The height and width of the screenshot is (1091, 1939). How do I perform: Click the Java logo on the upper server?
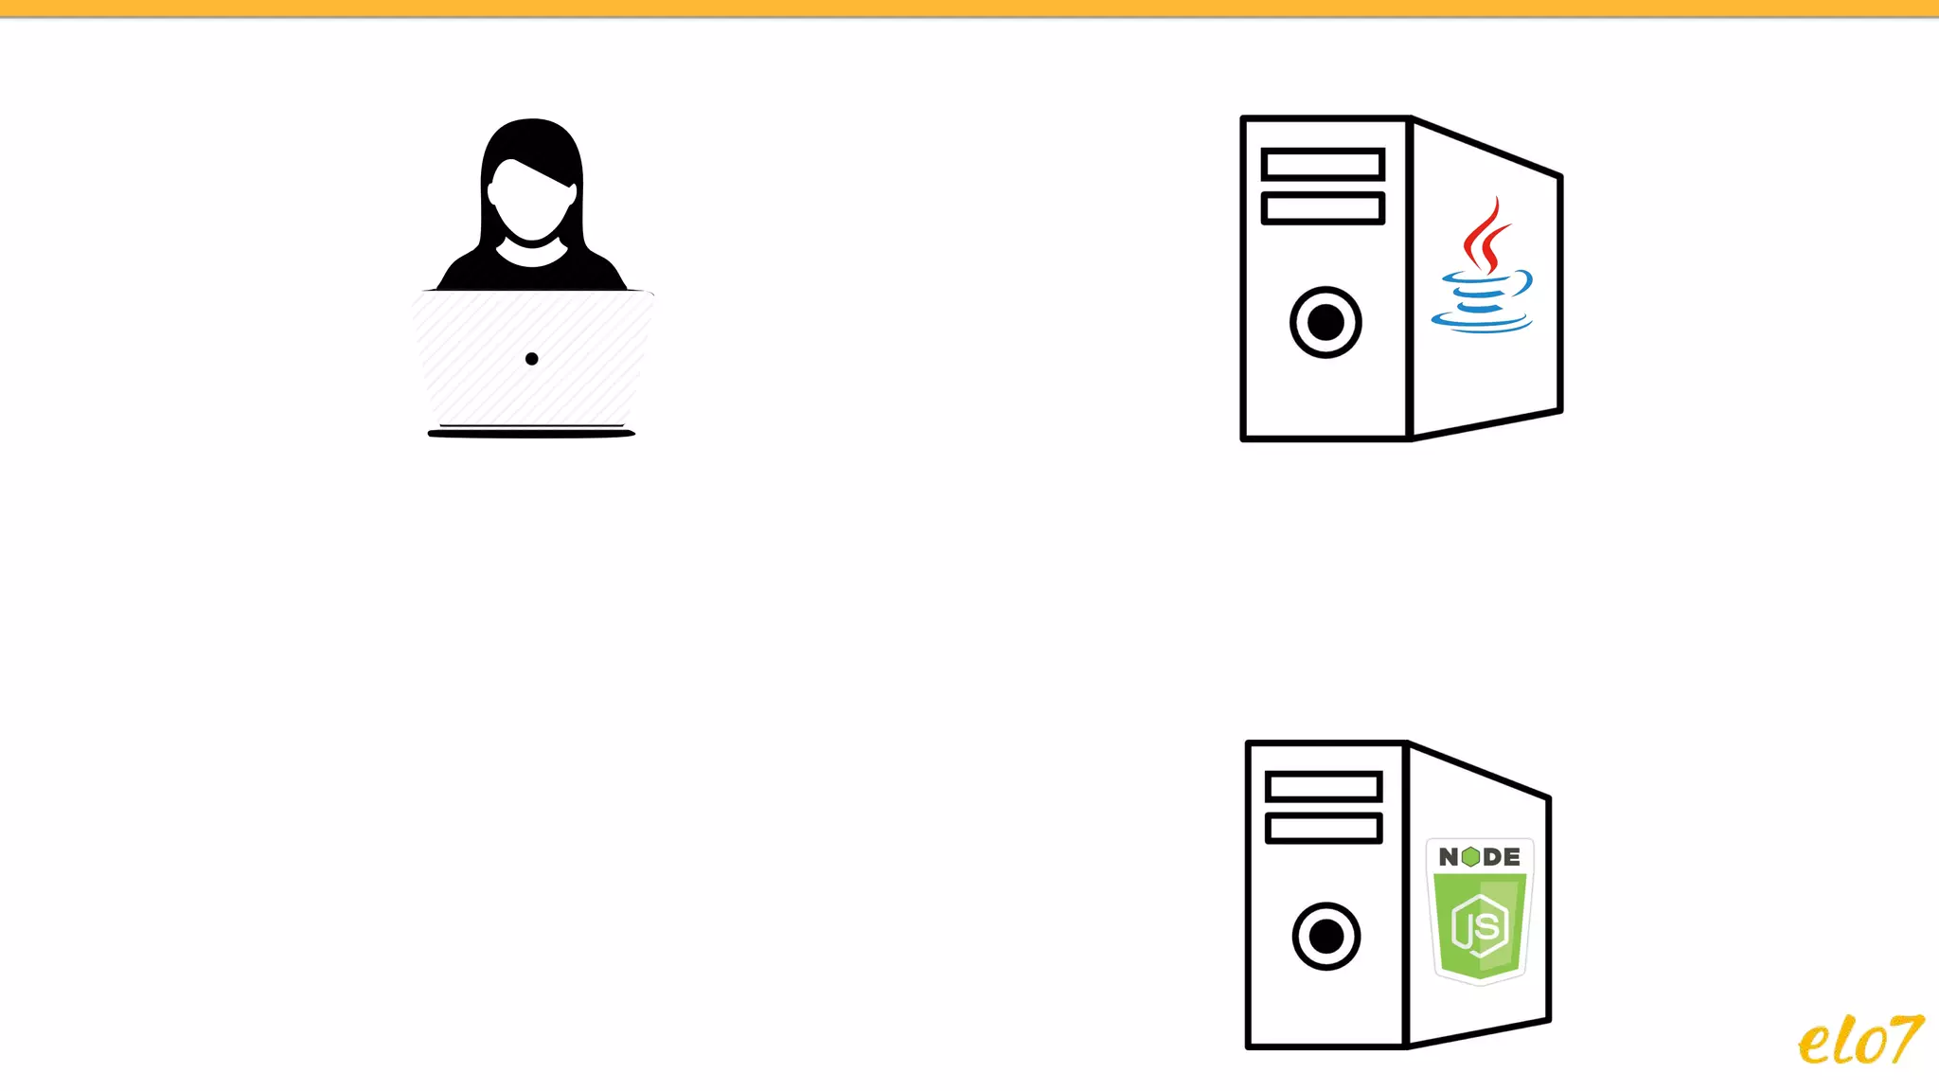(1483, 267)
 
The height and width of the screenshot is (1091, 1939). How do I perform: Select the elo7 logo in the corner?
(1859, 1041)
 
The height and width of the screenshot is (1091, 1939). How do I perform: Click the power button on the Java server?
(1325, 322)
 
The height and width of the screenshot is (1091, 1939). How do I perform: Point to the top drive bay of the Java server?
(1323, 165)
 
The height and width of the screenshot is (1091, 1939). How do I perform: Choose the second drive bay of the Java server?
(1323, 208)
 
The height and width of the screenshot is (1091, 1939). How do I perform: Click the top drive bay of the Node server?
(1324, 786)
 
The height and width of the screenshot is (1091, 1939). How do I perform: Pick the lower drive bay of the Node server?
(1324, 829)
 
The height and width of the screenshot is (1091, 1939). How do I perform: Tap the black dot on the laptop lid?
(532, 359)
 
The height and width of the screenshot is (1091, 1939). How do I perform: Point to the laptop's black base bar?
(531, 434)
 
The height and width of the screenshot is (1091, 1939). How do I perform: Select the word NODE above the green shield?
(1480, 857)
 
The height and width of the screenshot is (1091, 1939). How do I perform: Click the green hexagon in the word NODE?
(1470, 857)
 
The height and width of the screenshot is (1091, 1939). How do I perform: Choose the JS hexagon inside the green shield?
(1480, 926)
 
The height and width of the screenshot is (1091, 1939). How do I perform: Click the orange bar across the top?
(969, 8)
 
